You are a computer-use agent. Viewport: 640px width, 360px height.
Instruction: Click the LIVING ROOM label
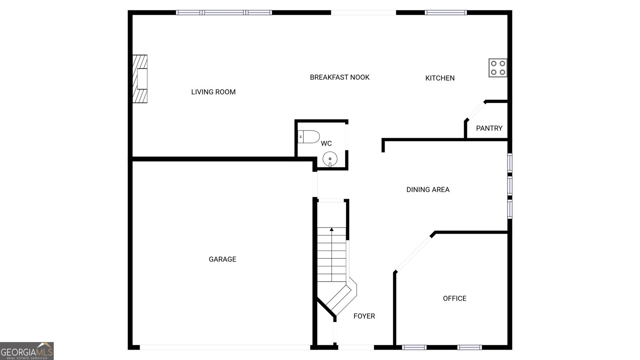point(213,92)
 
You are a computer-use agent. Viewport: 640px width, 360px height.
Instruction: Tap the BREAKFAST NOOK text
point(340,77)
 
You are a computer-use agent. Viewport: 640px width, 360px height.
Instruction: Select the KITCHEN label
point(440,78)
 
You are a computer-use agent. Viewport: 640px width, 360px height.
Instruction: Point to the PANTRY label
point(489,128)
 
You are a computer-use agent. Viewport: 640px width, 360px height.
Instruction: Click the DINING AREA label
point(428,190)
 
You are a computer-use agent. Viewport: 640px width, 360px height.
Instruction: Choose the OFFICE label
point(454,298)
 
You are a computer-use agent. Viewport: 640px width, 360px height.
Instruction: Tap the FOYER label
point(364,316)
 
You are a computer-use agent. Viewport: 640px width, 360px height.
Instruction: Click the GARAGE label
point(222,259)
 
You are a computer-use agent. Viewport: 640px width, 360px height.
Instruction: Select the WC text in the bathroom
point(326,143)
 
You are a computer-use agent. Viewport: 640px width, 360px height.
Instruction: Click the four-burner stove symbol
point(498,68)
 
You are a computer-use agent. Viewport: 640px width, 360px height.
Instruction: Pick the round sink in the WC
point(330,158)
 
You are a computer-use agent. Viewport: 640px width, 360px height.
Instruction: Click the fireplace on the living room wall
point(140,79)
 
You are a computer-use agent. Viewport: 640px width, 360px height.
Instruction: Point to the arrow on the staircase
point(332,230)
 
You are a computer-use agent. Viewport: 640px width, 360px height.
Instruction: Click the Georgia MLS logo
point(27,351)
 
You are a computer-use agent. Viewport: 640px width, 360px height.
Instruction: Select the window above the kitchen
point(446,13)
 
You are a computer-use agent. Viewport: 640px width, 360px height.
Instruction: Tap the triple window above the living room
point(224,13)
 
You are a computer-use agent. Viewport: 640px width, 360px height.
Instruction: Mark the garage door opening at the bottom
point(225,347)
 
